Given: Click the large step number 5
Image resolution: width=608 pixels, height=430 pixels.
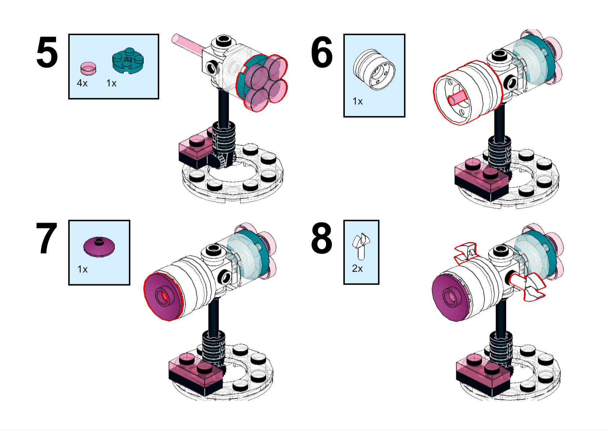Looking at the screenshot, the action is tap(47, 52).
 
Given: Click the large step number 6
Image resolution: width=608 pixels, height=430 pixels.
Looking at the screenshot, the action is tap(322, 52).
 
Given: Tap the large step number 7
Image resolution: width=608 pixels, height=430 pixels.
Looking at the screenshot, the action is tap(47, 238).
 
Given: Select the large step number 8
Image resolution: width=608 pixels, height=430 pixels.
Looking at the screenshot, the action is tap(322, 238).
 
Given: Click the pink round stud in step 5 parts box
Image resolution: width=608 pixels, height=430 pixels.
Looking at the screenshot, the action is tap(88, 68).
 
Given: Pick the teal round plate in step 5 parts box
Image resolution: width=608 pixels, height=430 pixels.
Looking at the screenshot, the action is tap(128, 60).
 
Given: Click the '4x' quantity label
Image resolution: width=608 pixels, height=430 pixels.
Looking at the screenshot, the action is tap(82, 83).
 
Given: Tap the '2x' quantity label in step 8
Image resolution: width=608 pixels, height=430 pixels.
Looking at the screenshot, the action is tap(357, 268).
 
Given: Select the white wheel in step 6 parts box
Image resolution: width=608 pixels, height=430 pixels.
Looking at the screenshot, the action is tap(374, 70).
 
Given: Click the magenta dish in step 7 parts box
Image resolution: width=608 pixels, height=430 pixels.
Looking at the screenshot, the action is tap(99, 247).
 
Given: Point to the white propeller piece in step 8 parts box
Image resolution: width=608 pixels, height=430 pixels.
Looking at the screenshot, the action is tap(361, 246).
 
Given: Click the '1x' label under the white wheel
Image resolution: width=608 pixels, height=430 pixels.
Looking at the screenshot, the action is tap(357, 101).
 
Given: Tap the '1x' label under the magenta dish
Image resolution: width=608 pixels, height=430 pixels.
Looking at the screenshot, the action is tap(83, 269).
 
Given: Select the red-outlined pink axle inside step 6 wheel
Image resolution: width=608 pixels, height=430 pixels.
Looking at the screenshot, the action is tap(457, 98).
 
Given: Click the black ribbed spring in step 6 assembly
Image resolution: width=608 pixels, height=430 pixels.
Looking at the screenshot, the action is tap(499, 153).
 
